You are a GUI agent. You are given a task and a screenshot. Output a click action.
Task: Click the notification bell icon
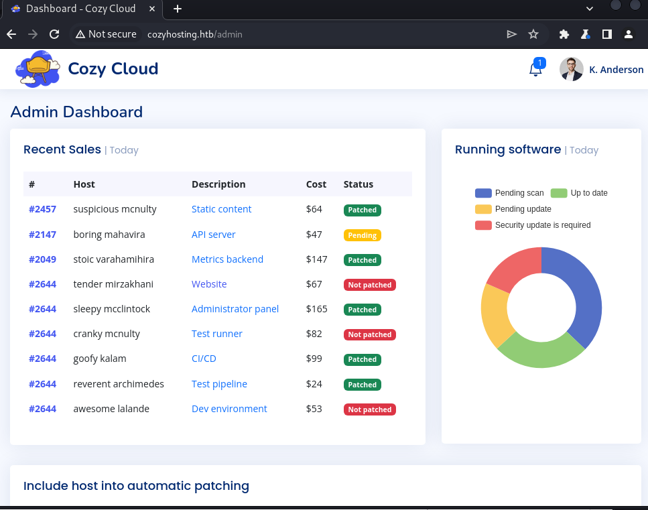coord(535,70)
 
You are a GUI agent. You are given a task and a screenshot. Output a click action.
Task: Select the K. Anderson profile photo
coord(571,69)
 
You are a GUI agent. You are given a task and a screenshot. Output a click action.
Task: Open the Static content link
coord(221,209)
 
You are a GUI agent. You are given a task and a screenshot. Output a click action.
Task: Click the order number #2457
coord(42,209)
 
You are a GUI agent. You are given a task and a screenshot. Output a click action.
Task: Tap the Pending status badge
coord(362,235)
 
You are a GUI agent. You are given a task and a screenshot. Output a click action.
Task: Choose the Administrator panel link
coord(235,309)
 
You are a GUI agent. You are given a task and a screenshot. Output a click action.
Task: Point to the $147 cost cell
coord(317,259)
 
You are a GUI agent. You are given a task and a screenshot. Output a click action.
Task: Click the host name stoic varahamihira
coord(113,259)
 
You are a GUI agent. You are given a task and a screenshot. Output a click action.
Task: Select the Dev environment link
coord(229,409)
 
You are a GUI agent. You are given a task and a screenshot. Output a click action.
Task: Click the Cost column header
coord(316,184)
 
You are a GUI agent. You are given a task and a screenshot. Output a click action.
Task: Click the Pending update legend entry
coord(513,209)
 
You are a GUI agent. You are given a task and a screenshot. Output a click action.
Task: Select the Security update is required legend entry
coord(533,225)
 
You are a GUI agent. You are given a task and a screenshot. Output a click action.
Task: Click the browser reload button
coord(54,34)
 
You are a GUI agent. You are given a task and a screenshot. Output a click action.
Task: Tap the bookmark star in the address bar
coord(533,34)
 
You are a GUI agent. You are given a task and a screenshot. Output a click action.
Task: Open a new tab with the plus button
coord(178,9)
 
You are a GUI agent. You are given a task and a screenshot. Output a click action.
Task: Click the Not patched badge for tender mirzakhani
coord(369,285)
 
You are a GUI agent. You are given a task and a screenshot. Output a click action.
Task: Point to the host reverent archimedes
coord(119,384)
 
